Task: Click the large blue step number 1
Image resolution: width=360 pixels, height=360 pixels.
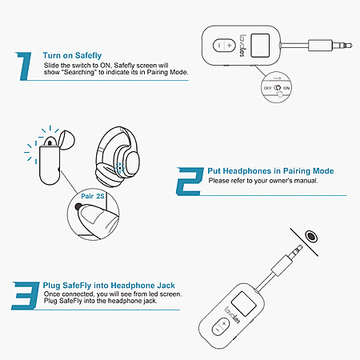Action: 25,66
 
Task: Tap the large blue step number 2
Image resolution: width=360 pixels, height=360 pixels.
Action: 190,182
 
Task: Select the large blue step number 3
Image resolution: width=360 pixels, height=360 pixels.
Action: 25,295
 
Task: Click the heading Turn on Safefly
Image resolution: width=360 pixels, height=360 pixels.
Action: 72,55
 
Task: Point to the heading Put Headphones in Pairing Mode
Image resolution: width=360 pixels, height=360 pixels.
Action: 270,171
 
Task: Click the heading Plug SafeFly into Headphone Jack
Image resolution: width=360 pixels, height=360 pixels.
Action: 109,286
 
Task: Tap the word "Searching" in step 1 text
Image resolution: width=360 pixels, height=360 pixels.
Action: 79,72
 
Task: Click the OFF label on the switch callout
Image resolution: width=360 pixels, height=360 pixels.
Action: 267,88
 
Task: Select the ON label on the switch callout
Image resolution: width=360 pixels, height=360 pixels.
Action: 286,88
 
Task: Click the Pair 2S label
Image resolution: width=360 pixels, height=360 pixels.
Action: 93,196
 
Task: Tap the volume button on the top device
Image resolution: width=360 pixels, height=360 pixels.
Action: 224,46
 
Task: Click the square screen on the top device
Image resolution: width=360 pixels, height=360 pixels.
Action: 260,46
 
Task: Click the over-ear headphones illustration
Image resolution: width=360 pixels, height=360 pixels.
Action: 118,157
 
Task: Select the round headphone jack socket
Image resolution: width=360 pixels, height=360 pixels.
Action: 311,236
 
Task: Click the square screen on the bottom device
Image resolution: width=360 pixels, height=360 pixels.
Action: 244,304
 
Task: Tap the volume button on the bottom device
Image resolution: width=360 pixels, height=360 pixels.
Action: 221,326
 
